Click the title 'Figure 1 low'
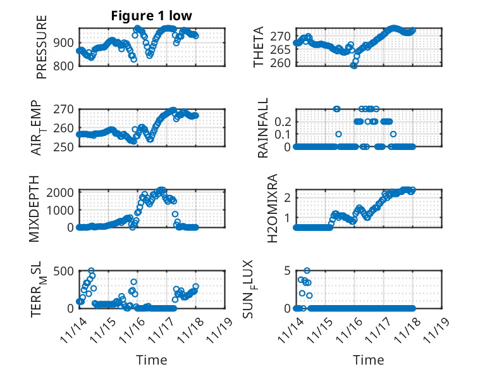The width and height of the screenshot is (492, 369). pos(152,16)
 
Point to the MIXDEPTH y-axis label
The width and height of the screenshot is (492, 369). pos(35,208)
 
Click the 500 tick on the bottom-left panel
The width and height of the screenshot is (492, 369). pos(65,272)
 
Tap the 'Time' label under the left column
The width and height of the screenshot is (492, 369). pos(152,360)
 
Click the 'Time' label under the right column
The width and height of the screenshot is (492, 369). pos(369,360)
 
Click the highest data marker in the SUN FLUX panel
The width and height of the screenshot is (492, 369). pos(307,271)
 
